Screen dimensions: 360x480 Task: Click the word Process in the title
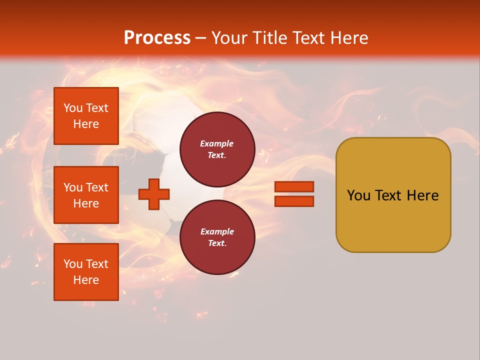click(157, 38)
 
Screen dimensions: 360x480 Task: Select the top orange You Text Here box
click(86, 116)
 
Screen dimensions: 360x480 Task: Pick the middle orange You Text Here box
click(86, 195)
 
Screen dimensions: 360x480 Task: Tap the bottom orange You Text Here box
click(86, 272)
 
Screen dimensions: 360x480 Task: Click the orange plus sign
click(154, 194)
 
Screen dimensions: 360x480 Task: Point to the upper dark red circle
click(217, 149)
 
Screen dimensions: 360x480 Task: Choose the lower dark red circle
click(217, 237)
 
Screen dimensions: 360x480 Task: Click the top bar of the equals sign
click(294, 186)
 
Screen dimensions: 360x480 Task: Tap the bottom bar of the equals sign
click(294, 201)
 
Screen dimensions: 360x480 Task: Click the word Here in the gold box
click(422, 195)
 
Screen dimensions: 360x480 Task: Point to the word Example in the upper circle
click(217, 143)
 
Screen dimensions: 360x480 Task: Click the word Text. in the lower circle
click(217, 243)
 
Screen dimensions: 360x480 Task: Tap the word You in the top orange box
click(73, 108)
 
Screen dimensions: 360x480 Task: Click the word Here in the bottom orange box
click(86, 280)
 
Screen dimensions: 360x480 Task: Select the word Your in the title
click(228, 38)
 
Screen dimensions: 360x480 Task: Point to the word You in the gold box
click(358, 195)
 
